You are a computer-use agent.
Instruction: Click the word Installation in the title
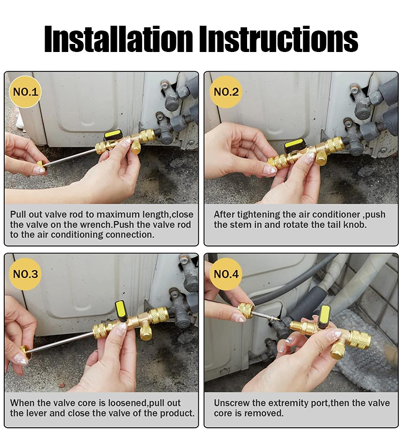point(119,39)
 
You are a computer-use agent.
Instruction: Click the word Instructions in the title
point(279,39)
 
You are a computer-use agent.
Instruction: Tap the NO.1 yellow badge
point(25,92)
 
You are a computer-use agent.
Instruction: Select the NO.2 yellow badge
point(226,92)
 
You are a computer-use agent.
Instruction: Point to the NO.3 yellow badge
point(25,274)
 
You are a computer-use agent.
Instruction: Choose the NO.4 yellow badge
point(226,274)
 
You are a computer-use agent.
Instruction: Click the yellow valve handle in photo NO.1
point(113,135)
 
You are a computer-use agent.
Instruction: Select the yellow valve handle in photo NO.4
point(324,315)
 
